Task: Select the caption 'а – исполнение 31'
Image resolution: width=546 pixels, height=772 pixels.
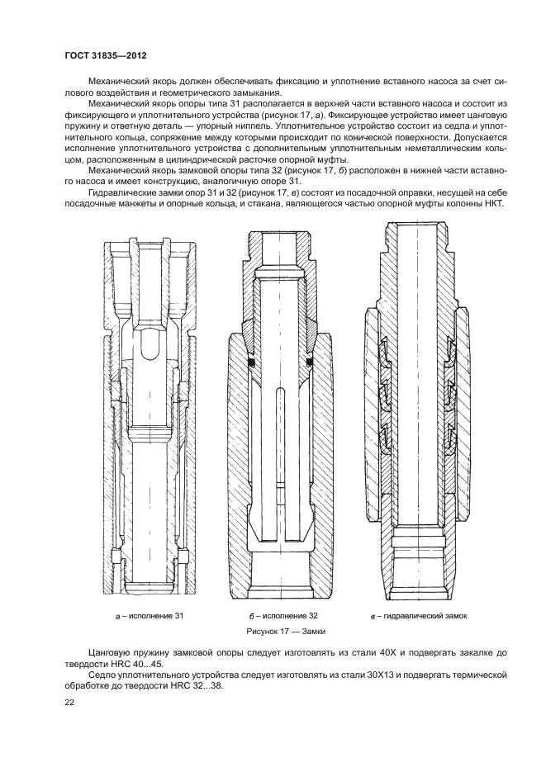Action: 149,616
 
